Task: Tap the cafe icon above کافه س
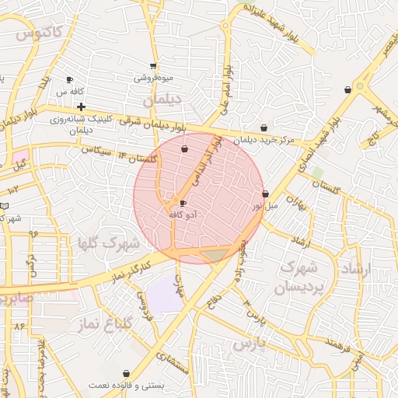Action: pyautogui.click(x=69, y=80)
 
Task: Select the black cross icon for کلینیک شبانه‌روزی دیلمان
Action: pyautogui.click(x=80, y=106)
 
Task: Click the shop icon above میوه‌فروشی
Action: pyautogui.click(x=153, y=66)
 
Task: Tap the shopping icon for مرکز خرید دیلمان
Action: pyautogui.click(x=264, y=128)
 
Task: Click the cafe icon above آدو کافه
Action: pyautogui.click(x=183, y=203)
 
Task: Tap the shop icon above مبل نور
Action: pyautogui.click(x=265, y=194)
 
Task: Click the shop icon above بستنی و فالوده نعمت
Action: pyautogui.click(x=126, y=374)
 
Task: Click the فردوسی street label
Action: pyautogui.click(x=146, y=306)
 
